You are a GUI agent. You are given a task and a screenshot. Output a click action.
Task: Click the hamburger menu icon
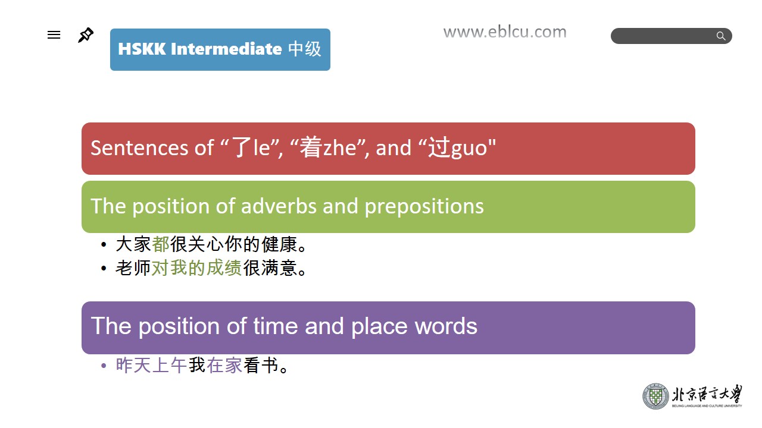tap(54, 34)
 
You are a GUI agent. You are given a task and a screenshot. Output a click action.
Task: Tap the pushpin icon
tap(85, 35)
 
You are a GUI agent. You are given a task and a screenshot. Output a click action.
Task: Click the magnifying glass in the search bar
tap(720, 36)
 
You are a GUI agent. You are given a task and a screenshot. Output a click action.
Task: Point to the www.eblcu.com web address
tap(505, 32)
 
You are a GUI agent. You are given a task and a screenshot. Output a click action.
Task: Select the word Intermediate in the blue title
tap(226, 49)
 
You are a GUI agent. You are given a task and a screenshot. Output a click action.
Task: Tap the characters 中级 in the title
tap(304, 49)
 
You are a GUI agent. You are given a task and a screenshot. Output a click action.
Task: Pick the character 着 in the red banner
tap(311, 147)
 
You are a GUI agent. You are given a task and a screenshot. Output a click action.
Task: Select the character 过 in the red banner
tap(439, 147)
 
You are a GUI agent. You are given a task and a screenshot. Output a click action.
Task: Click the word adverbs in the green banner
tap(279, 206)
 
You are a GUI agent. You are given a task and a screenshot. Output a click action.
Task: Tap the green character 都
tap(161, 244)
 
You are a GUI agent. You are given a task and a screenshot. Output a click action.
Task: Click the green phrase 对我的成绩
tap(196, 268)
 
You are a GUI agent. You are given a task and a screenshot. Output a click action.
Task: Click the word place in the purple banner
tap(379, 327)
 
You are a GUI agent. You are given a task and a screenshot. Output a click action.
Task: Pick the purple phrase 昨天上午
tap(151, 366)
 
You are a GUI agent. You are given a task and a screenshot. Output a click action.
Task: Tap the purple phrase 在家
tap(224, 366)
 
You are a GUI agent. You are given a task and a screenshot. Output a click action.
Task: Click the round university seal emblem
tap(655, 396)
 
